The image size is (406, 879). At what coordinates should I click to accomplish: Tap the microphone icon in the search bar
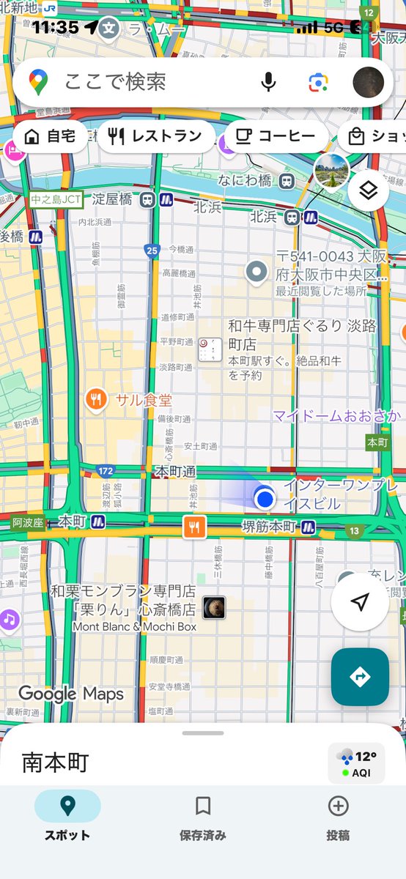click(269, 81)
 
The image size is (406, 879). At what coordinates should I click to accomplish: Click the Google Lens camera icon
click(317, 81)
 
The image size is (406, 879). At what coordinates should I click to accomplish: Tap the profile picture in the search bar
click(368, 81)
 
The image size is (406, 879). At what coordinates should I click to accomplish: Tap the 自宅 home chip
click(50, 136)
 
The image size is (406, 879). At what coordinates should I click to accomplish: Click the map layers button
click(368, 191)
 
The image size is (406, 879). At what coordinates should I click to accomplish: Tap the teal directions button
click(360, 677)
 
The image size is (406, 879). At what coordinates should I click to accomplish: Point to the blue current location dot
click(265, 499)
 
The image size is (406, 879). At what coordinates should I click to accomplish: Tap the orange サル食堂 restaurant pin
click(96, 400)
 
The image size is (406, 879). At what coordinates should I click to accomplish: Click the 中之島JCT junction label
click(56, 199)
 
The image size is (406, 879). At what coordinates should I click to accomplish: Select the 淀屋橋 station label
click(111, 199)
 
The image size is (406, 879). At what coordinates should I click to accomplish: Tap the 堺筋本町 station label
click(269, 526)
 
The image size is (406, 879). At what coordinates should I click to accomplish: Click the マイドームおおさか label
click(337, 416)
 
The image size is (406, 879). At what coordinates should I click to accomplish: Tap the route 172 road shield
click(106, 470)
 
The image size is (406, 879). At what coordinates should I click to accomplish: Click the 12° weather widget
click(357, 763)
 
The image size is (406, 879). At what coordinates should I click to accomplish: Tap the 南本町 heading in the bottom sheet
click(55, 763)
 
